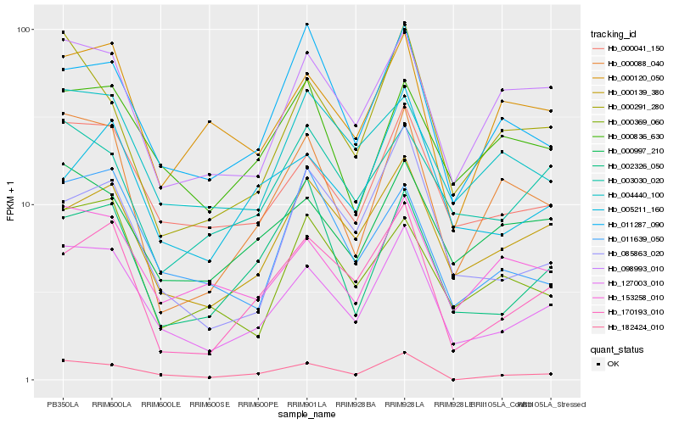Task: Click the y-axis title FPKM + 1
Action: (x=10, y=204)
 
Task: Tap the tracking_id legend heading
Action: (x=614, y=34)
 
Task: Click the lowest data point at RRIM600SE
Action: (x=209, y=377)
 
